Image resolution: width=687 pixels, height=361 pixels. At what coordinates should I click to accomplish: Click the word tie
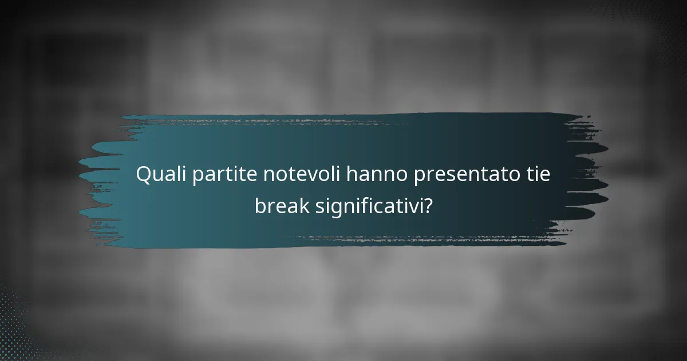(539, 174)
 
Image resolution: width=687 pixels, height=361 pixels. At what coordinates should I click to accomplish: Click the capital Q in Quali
(143, 175)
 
